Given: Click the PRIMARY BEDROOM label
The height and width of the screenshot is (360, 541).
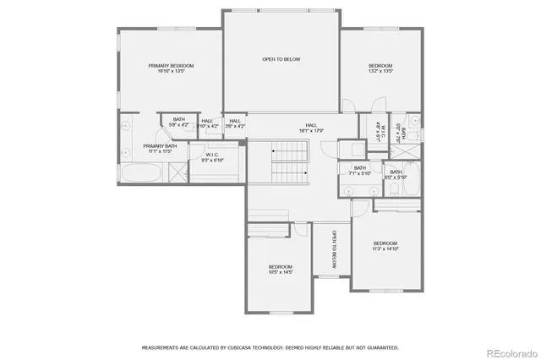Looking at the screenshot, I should (x=172, y=66).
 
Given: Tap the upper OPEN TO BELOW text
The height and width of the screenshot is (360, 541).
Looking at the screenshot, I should (x=281, y=59).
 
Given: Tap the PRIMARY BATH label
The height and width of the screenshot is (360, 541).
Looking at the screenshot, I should (x=159, y=146).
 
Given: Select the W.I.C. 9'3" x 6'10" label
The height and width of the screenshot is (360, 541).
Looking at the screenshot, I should (x=214, y=158).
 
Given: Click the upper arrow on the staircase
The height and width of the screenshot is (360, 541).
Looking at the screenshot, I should (x=273, y=150).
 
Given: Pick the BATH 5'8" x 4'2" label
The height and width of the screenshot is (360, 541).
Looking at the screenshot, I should (x=179, y=123).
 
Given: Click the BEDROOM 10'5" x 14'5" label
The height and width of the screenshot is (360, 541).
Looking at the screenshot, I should (x=280, y=270).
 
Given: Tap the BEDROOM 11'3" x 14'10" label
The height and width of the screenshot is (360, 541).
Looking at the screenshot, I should (x=385, y=246).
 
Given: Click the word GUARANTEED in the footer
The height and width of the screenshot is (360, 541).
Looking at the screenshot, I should (x=379, y=347).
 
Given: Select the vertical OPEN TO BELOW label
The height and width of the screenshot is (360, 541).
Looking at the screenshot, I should (x=334, y=249).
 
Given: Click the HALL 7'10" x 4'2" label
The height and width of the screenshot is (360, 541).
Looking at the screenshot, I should (x=209, y=123).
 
